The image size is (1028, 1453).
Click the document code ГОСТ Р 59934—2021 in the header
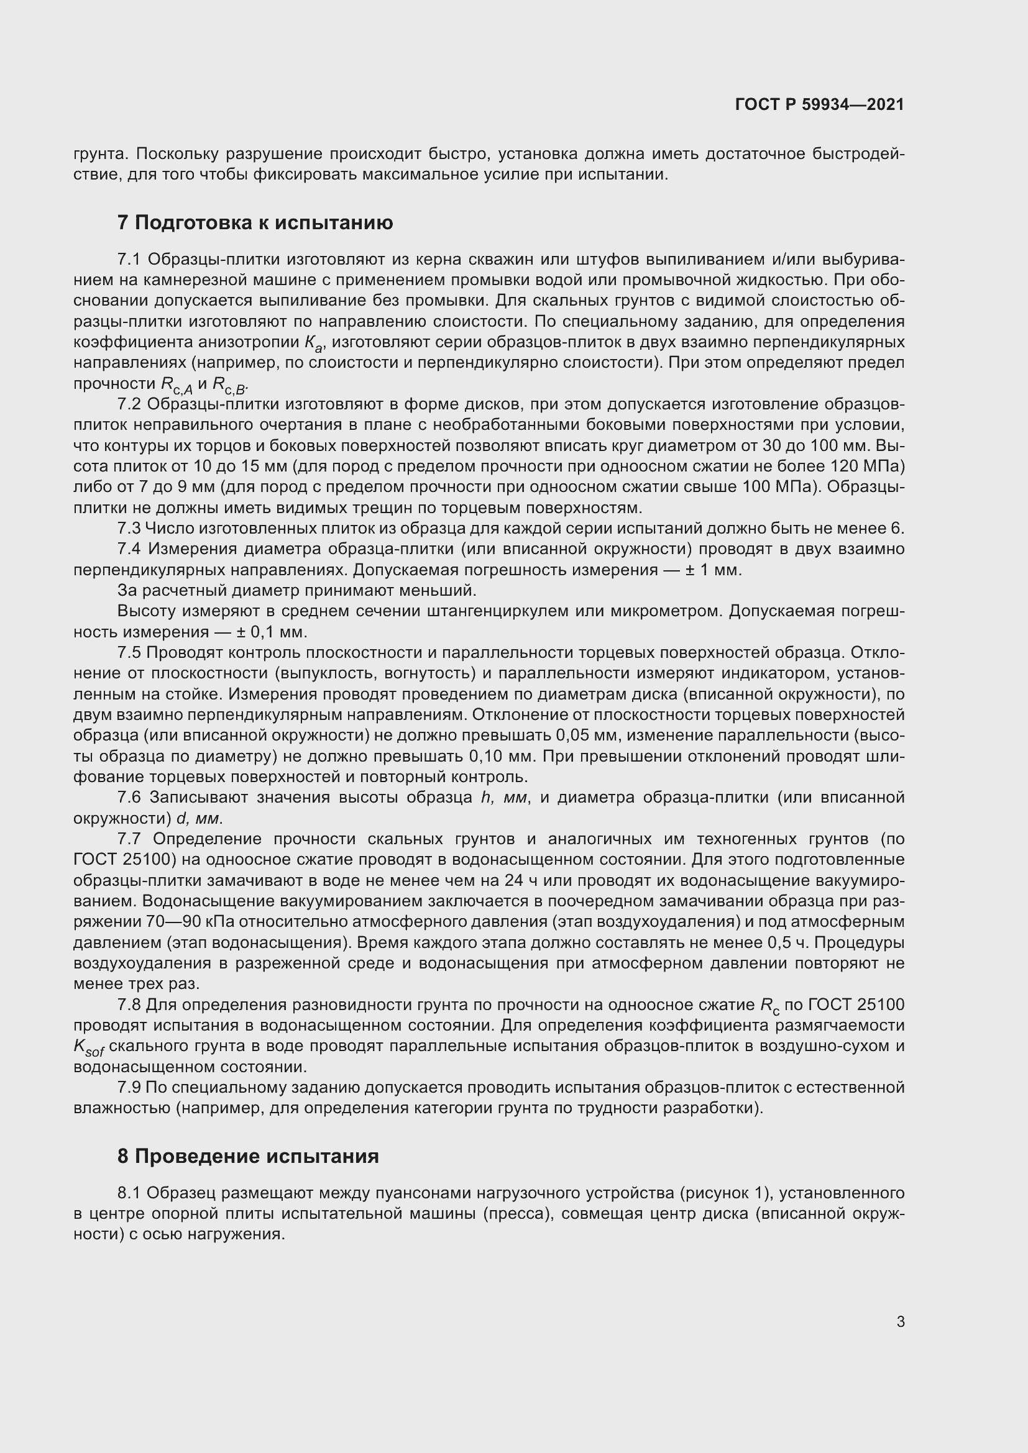coord(820,104)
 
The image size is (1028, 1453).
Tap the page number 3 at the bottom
coord(900,1321)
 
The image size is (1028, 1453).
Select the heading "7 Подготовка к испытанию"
coord(254,223)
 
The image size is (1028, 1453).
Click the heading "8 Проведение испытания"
coord(247,1156)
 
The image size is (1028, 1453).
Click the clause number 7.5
coord(129,652)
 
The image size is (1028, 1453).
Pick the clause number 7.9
coord(129,1087)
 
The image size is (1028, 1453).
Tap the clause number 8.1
coord(129,1193)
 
